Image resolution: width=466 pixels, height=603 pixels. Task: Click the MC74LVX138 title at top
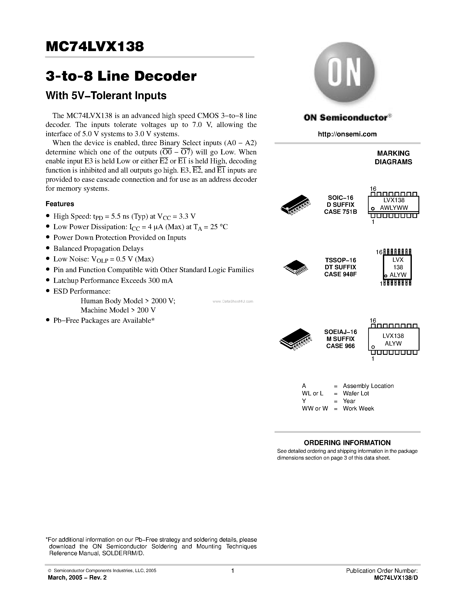(95, 47)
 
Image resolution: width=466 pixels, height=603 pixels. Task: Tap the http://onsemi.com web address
(347, 134)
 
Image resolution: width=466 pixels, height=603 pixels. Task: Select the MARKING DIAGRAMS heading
(393, 158)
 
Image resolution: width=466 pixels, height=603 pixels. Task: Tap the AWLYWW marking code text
(394, 208)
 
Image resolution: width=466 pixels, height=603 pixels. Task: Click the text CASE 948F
(340, 274)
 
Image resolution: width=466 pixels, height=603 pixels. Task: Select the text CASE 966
(340, 346)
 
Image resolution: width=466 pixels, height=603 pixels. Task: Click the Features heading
(60, 204)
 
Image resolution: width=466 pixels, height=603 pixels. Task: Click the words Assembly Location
(368, 386)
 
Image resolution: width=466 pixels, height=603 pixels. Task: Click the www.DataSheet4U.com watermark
(233, 301)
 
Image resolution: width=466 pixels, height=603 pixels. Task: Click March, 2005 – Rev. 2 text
(77, 578)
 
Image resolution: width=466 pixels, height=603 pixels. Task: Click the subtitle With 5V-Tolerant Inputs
(106, 96)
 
